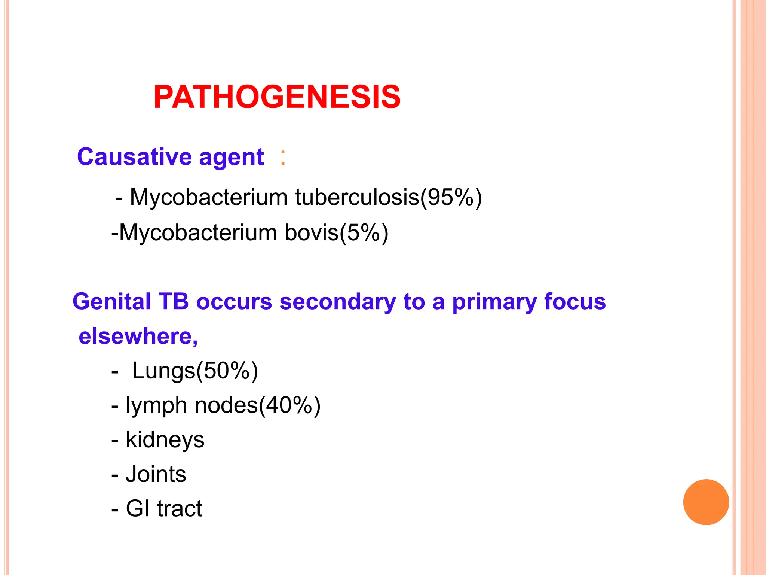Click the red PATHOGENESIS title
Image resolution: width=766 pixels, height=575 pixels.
click(x=277, y=97)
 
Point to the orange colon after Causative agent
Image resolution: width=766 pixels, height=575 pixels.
click(x=283, y=157)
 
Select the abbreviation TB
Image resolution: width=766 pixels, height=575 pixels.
click(x=174, y=301)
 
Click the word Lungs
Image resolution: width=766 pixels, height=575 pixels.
click(x=164, y=371)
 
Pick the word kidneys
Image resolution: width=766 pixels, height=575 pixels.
click(x=165, y=440)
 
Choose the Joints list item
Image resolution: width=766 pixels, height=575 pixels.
click(x=156, y=474)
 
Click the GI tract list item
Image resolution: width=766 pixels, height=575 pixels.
click(x=164, y=508)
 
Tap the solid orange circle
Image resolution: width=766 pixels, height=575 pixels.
click(x=706, y=502)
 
